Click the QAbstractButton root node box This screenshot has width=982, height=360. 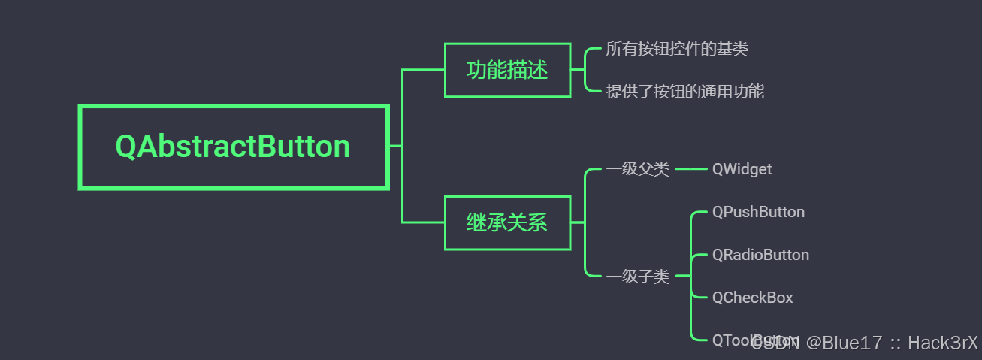(x=233, y=147)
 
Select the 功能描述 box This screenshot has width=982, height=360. (x=507, y=71)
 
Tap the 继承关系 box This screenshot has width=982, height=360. (x=507, y=222)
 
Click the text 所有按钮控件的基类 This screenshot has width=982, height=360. (x=677, y=50)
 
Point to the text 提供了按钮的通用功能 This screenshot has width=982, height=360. (x=684, y=92)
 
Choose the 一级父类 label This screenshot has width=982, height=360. (x=637, y=169)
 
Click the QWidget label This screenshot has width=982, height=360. (x=742, y=169)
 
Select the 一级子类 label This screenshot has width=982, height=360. (x=637, y=277)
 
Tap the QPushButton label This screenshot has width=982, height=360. (x=758, y=212)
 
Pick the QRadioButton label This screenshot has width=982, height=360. (x=760, y=255)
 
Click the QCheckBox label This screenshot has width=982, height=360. (x=752, y=298)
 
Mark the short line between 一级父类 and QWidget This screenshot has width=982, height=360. (x=690, y=169)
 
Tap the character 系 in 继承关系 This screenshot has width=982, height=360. (x=538, y=222)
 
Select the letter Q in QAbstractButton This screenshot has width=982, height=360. (x=126, y=147)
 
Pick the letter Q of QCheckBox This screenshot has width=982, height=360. (x=718, y=298)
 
